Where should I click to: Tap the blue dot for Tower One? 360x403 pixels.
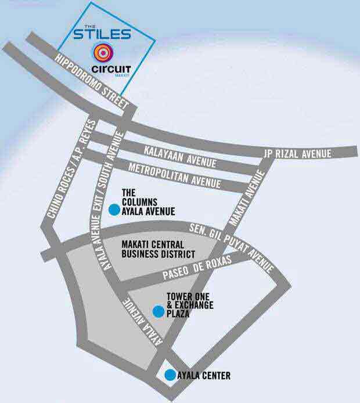coord(157,311)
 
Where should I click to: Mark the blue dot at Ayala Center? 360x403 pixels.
coord(170,375)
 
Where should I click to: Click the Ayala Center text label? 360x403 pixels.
coord(203,376)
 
